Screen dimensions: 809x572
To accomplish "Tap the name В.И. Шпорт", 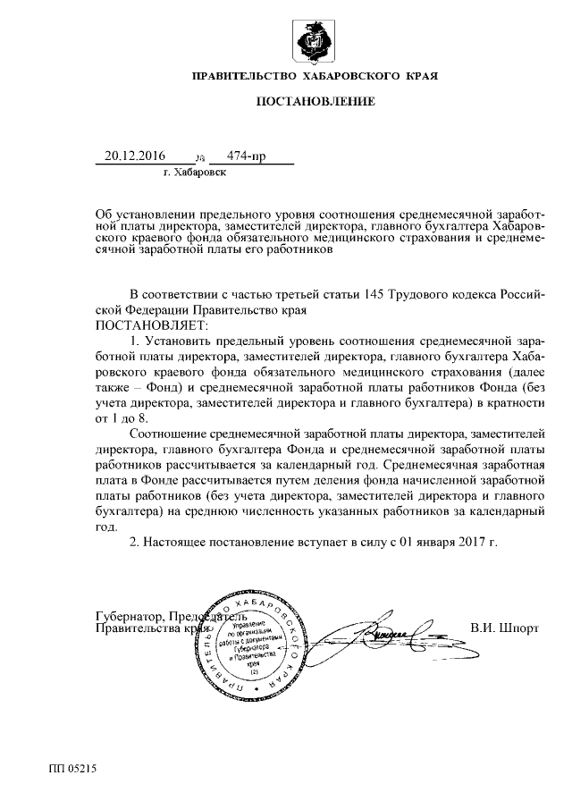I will pos(504,628).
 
